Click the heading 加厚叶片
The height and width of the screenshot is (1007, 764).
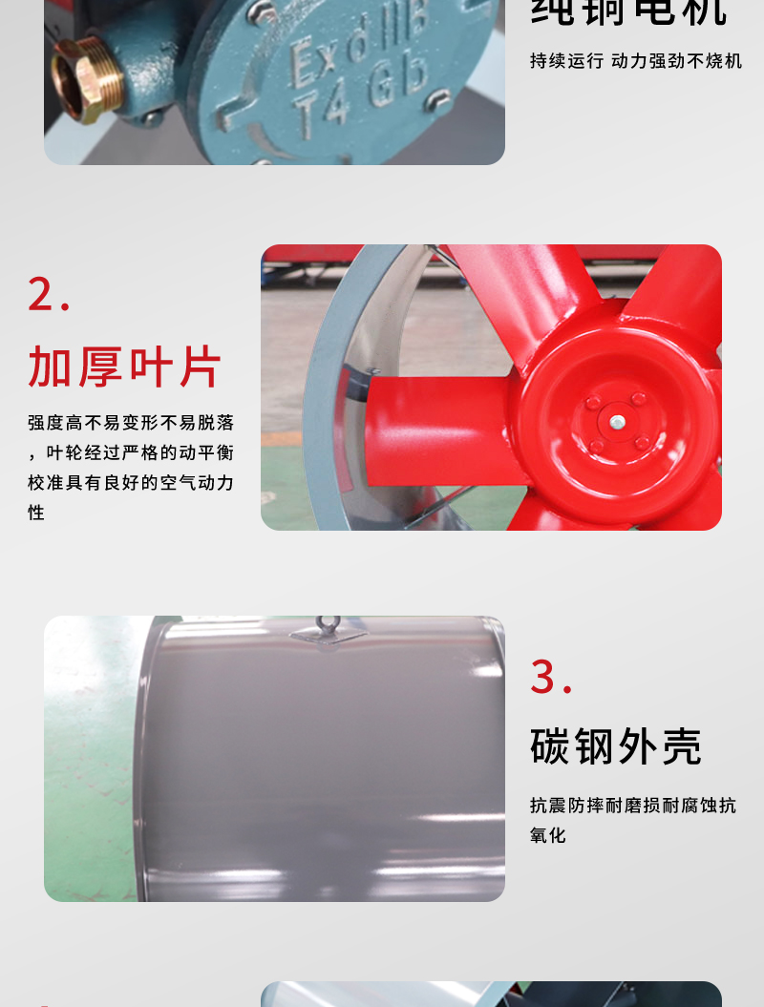pos(124,367)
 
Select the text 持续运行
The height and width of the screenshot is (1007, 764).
pos(567,61)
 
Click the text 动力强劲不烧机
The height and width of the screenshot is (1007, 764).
pos(676,61)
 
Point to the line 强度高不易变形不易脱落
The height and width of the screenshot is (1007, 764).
pos(131,423)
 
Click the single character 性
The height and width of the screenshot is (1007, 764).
pos(36,513)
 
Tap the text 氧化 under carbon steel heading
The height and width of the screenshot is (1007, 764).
pos(548,835)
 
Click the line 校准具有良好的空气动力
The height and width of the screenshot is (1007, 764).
pos(131,483)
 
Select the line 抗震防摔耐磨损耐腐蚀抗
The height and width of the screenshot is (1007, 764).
pos(632,806)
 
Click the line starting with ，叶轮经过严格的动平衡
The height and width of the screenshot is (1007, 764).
pos(131,452)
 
